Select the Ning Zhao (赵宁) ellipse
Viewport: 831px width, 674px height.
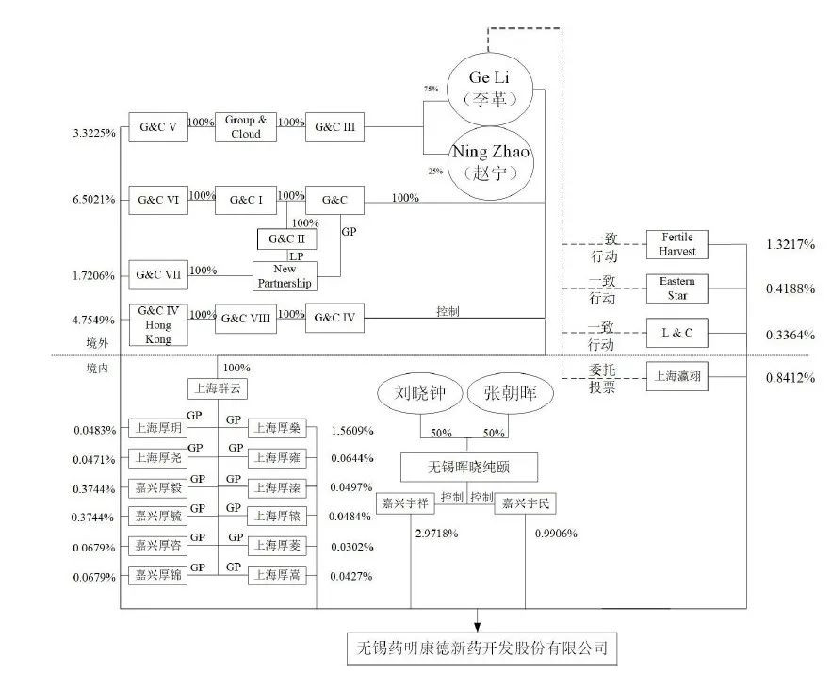click(489, 165)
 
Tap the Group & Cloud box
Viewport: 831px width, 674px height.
click(246, 127)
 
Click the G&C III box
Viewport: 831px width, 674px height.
click(335, 127)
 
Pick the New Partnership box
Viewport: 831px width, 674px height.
click(284, 276)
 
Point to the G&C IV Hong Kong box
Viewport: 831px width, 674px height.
click(158, 324)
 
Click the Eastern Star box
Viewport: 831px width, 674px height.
click(676, 288)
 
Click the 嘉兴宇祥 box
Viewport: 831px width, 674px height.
click(404, 503)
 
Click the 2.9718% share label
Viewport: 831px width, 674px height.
click(436, 533)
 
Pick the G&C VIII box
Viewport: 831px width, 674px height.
click(246, 318)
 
